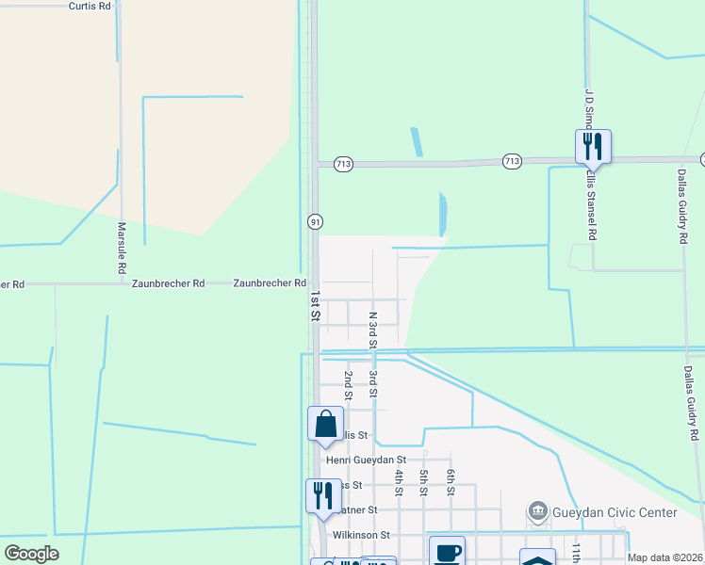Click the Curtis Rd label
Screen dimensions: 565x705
(x=90, y=6)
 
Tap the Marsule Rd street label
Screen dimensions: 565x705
(x=122, y=248)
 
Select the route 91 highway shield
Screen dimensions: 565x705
(x=315, y=221)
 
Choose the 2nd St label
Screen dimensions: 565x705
(x=348, y=386)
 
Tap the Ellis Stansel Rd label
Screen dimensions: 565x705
(x=592, y=205)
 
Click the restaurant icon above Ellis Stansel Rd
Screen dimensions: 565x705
(x=593, y=146)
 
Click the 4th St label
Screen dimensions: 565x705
(x=400, y=482)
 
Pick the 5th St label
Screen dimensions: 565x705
(x=425, y=482)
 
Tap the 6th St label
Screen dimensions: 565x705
(x=451, y=482)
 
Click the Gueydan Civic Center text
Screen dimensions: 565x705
(x=615, y=512)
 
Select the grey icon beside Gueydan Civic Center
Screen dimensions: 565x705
(x=537, y=512)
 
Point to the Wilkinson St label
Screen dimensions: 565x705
(x=354, y=535)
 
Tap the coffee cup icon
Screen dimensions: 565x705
(x=447, y=552)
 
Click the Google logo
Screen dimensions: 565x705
(x=31, y=554)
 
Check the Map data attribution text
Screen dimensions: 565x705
(x=665, y=557)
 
